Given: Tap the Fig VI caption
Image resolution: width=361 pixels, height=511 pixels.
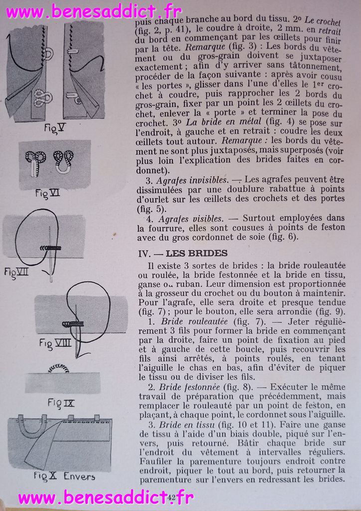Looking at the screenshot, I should tap(47, 193).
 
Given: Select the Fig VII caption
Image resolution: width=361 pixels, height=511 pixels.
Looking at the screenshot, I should tap(17, 272).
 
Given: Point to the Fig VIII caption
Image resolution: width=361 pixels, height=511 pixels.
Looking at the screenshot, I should tap(56, 343).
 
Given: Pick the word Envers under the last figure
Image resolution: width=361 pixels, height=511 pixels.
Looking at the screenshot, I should tap(79, 476).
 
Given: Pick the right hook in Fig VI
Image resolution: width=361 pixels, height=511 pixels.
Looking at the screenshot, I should tap(64, 161).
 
